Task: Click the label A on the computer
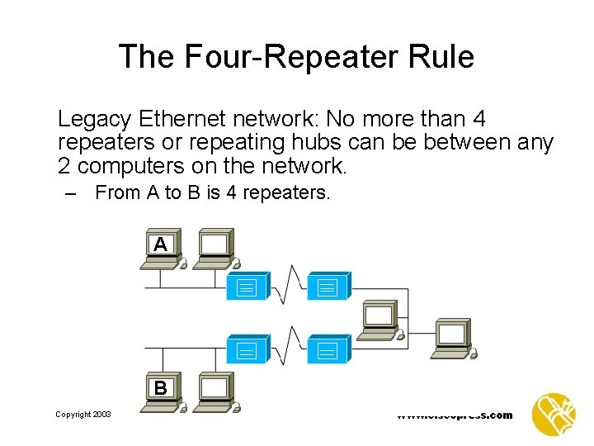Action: point(160,244)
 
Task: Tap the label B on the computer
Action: point(160,387)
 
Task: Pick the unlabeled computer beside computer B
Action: point(215,390)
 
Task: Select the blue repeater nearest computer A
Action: point(247,286)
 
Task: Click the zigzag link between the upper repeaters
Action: point(288,286)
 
